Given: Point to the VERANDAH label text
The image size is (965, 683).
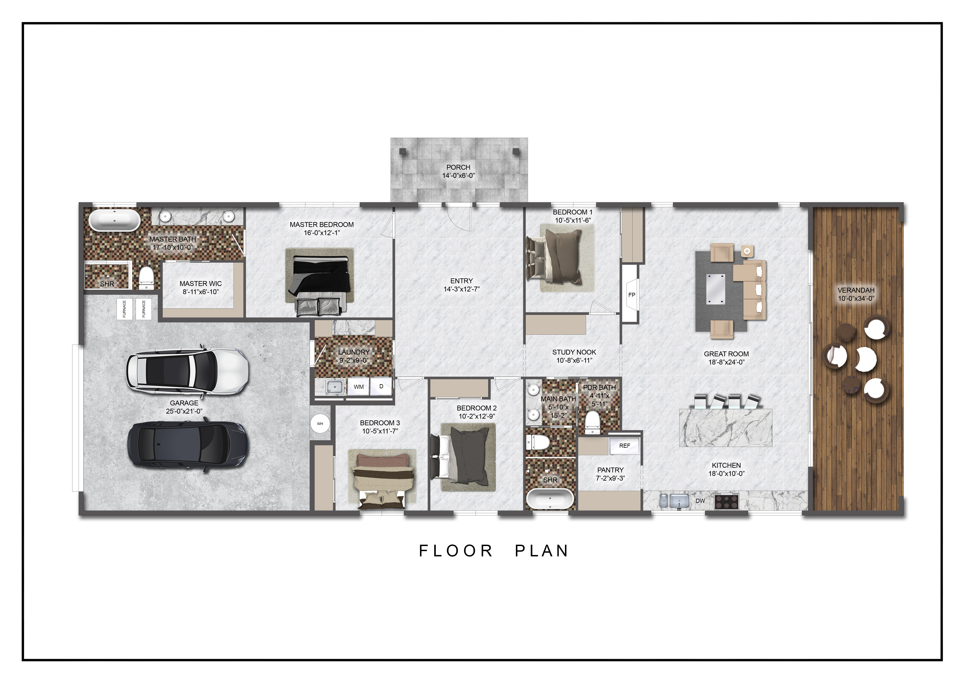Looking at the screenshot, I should coord(856,290).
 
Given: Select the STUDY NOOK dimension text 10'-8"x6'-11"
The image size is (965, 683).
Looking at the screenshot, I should coord(574,360).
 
